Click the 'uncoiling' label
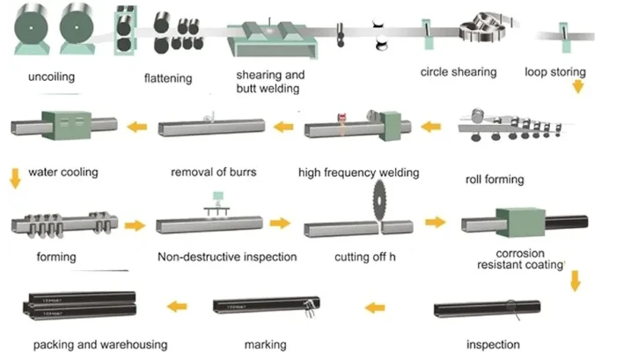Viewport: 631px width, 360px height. [52, 77]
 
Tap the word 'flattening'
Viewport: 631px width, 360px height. [168, 78]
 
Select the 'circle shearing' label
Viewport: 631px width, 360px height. [459, 72]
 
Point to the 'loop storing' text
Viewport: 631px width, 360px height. [555, 72]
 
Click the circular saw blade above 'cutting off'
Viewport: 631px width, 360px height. [379, 200]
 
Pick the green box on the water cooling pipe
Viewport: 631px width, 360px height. [66, 125]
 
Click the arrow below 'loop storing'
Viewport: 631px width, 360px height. [578, 86]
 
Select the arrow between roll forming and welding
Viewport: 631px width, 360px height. [431, 127]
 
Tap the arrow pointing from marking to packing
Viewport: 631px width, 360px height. [177, 306]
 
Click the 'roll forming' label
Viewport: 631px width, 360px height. [495, 180]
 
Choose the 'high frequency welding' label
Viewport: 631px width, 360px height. [358, 173]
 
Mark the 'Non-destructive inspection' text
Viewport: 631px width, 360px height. [227, 257]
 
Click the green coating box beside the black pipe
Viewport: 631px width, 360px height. [520, 223]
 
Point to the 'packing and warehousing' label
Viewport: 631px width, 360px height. [100, 345]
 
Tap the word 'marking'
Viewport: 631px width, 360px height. [265, 345]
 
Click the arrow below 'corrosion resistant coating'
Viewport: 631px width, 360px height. [576, 281]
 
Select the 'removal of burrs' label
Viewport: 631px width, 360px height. [213, 173]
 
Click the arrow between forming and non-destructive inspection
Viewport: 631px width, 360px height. [135, 225]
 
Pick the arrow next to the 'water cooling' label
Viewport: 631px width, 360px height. [15, 179]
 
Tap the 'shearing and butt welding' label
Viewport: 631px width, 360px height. [270, 82]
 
